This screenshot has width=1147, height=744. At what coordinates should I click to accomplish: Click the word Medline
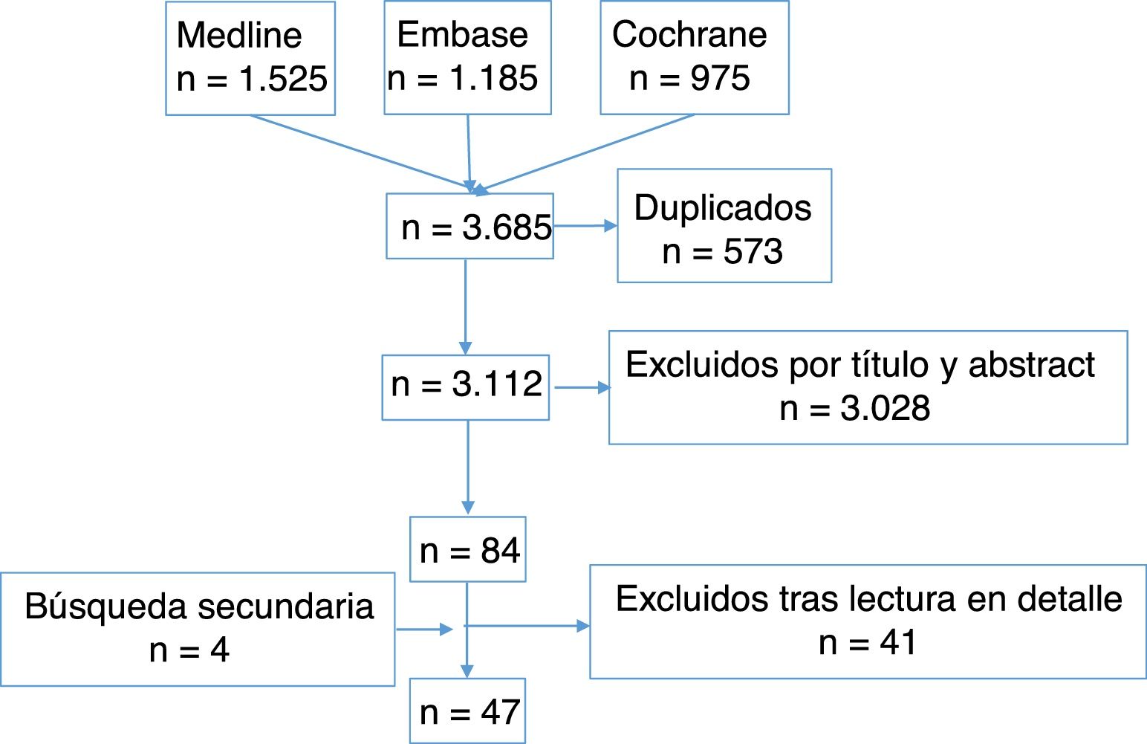239,35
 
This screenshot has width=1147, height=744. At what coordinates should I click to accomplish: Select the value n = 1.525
252,79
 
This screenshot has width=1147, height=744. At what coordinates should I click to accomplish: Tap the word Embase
462,34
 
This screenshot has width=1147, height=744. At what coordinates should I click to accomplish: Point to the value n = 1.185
462,78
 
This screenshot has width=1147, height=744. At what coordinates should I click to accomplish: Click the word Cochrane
689,34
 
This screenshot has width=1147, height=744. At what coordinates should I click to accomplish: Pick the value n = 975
689,78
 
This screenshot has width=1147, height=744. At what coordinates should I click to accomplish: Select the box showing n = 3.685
469,227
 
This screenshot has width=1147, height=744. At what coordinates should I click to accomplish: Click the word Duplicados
723,208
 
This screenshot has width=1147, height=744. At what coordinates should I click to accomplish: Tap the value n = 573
723,252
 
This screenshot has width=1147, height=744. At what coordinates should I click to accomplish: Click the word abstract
1031,365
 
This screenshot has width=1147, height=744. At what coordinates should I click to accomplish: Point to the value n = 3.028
855,409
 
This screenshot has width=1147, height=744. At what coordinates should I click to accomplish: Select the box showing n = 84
468,550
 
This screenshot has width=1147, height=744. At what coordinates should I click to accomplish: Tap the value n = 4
189,650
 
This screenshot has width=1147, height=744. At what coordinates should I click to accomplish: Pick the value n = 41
867,643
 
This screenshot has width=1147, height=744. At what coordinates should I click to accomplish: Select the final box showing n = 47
468,712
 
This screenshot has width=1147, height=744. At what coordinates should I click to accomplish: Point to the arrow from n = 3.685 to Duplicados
585,226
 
